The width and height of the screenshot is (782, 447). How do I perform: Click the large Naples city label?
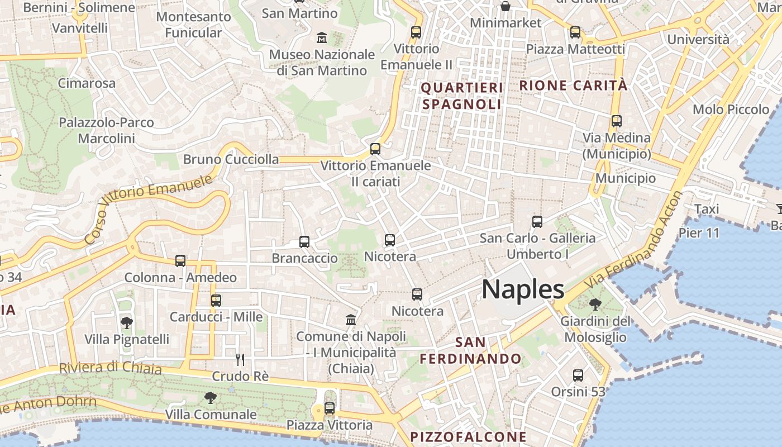[x=523, y=289]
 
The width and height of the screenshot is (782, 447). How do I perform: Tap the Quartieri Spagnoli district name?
[x=462, y=96]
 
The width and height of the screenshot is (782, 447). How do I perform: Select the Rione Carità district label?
[x=574, y=85]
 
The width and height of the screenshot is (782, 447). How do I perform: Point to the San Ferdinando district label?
[x=471, y=350]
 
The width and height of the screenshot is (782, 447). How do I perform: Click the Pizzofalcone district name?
[x=468, y=436]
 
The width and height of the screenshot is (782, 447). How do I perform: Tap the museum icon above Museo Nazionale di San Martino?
[x=322, y=37]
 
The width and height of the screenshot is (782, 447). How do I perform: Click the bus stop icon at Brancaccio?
[x=304, y=242]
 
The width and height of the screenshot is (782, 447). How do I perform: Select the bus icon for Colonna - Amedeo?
[x=180, y=260]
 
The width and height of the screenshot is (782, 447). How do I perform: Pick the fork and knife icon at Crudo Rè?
[x=240, y=359]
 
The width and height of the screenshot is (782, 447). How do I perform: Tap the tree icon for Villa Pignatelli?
[x=127, y=322]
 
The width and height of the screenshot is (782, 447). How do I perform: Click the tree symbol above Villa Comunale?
[x=211, y=398]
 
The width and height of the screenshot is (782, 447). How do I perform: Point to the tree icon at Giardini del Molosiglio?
[x=595, y=305]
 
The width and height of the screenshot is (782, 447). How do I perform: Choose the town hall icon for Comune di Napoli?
[x=351, y=320]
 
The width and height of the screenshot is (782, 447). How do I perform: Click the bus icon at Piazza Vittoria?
[x=330, y=408]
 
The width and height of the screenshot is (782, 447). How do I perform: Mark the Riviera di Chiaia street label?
[x=111, y=368]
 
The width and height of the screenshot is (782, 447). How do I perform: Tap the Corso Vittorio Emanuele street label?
[x=149, y=209]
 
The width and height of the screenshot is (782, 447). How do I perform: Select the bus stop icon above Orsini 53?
[x=578, y=375]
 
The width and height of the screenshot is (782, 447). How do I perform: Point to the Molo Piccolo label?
[x=731, y=110]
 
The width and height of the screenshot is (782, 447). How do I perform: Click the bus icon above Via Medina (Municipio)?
[x=617, y=121]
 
